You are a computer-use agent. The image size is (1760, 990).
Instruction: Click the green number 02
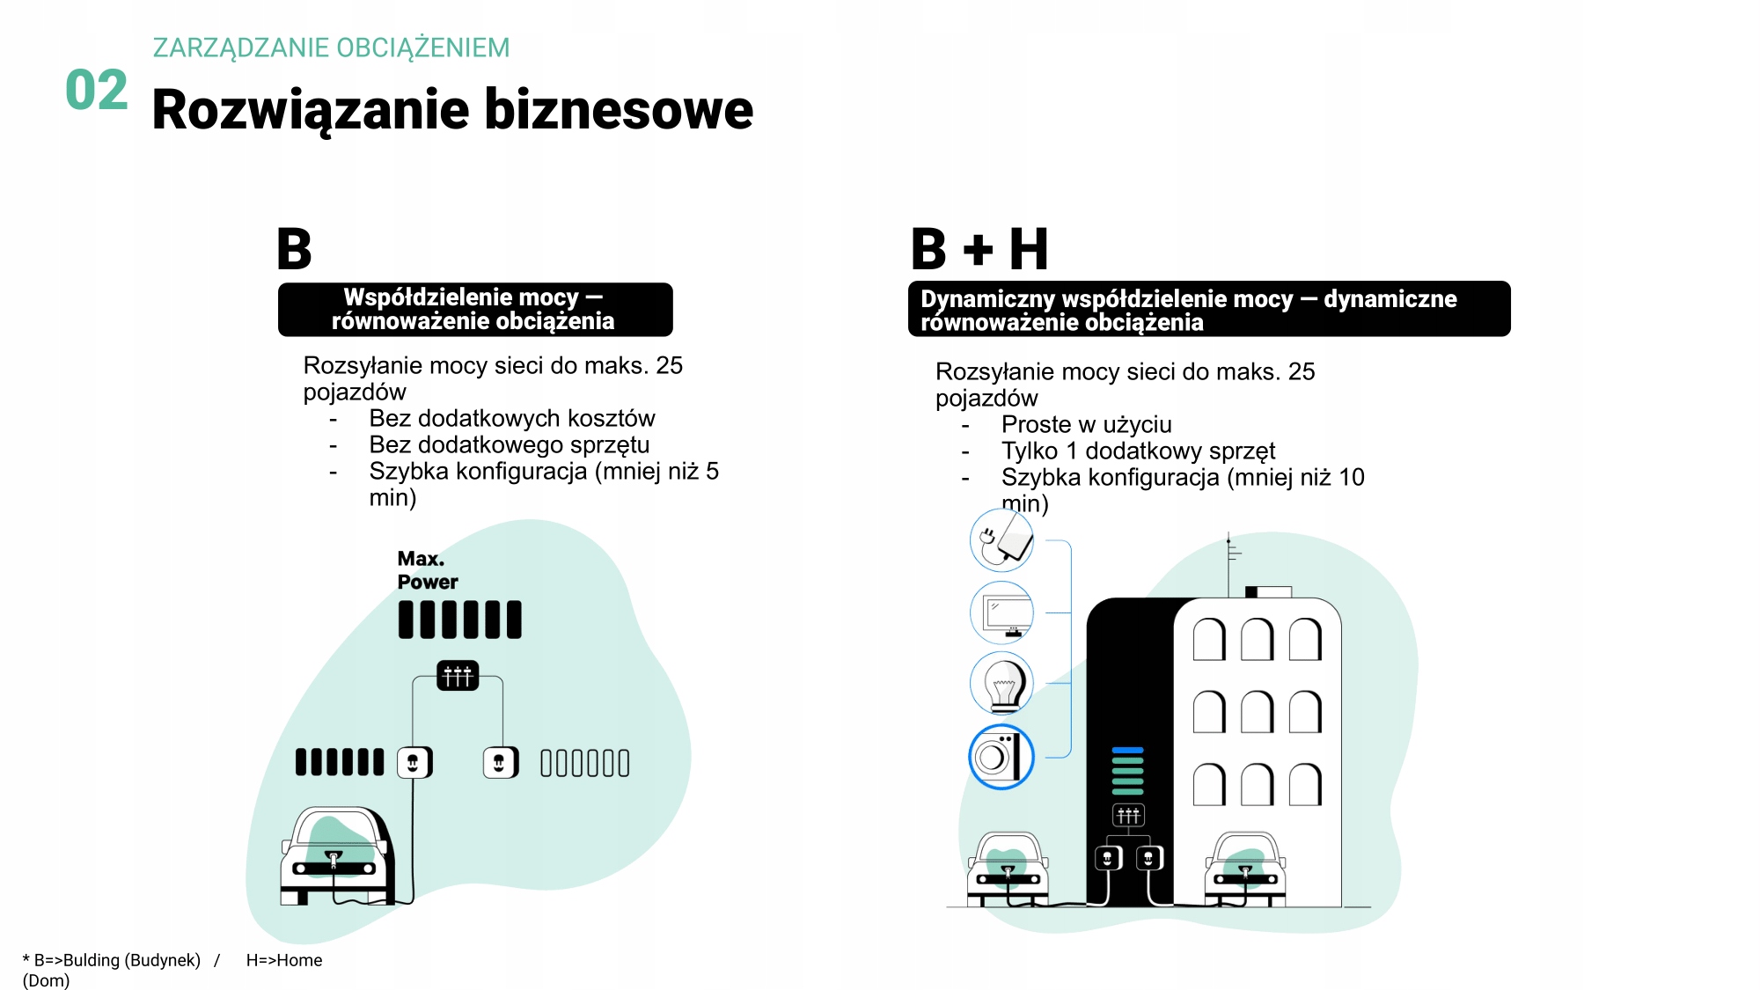tap(97, 91)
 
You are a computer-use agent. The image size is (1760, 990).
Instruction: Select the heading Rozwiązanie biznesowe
tap(452, 110)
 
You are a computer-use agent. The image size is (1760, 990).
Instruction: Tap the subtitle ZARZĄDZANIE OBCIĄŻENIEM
tap(331, 48)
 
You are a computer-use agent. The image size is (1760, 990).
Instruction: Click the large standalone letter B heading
tap(294, 249)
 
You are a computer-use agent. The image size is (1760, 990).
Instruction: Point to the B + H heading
tap(979, 249)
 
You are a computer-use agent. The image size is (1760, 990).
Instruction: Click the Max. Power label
tap(427, 570)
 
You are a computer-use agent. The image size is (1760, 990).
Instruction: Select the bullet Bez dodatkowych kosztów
tap(511, 418)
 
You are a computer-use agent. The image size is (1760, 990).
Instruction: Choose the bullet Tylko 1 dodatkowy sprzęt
tap(1137, 451)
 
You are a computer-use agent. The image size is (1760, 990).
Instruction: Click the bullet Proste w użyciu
tap(1086, 424)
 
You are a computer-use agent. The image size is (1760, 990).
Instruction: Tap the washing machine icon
tap(1001, 757)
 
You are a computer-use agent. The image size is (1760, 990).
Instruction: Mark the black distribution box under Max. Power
tap(458, 676)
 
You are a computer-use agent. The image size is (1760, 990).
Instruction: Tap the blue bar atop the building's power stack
tap(1127, 751)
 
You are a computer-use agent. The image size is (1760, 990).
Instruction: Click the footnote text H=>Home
tap(284, 960)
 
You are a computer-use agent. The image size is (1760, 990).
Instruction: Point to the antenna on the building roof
tap(1229, 559)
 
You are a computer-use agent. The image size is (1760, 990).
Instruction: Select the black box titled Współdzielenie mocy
tap(475, 309)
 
